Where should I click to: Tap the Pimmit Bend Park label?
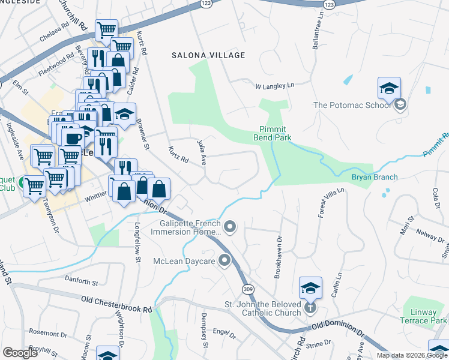point(275,133)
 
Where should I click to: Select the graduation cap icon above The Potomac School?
point(389,88)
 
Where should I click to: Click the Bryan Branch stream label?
point(375,177)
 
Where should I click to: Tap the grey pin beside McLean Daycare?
point(224,260)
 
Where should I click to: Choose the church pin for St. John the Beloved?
point(310,308)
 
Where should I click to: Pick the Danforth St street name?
point(82,281)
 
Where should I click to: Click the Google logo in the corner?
point(20,353)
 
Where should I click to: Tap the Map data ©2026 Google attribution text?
point(411,355)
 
